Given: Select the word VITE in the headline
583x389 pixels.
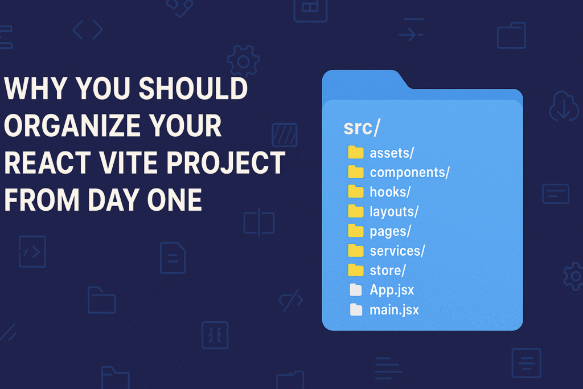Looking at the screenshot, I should click(x=145, y=163).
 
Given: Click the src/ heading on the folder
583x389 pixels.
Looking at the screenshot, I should click(x=361, y=128).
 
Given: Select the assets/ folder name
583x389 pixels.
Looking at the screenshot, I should click(x=392, y=153).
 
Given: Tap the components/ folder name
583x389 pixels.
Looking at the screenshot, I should click(x=409, y=173).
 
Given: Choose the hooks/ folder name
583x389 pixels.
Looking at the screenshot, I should click(x=390, y=192).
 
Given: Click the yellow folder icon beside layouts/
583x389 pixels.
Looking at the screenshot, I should click(x=356, y=211).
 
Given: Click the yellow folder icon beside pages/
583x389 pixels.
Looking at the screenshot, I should click(x=356, y=231).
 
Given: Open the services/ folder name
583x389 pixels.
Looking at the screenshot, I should click(x=397, y=250).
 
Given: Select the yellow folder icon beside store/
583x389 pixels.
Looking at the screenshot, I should click(x=356, y=269).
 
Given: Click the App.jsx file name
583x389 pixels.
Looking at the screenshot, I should click(x=392, y=289).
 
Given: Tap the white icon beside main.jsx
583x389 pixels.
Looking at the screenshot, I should click(x=356, y=309).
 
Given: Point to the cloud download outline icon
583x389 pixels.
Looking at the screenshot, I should click(x=564, y=107).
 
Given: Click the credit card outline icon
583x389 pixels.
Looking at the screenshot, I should click(x=556, y=194).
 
